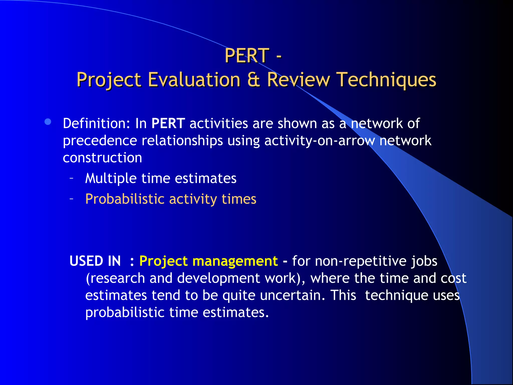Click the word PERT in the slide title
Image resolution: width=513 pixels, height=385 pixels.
pyautogui.click(x=247, y=55)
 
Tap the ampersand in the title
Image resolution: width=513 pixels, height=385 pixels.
pyautogui.click(x=253, y=79)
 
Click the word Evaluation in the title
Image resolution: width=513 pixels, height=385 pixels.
pyautogui.click(x=194, y=79)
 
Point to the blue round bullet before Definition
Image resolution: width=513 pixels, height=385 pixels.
pyautogui.click(x=48, y=122)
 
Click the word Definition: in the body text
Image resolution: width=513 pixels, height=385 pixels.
pyautogui.click(x=96, y=123)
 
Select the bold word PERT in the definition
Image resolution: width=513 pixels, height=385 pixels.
pyautogui.click(x=168, y=123)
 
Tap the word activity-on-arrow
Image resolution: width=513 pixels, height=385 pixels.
pyautogui.click(x=320, y=140)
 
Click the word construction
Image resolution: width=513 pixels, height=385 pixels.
pyautogui.click(x=102, y=158)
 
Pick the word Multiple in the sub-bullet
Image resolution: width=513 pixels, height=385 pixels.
pyautogui.click(x=111, y=178)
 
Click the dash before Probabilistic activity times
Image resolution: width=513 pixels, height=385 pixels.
pyautogui.click(x=72, y=199)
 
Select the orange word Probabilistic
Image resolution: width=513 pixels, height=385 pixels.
pyautogui.click(x=125, y=199)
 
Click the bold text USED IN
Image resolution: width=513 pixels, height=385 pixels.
pyautogui.click(x=95, y=261)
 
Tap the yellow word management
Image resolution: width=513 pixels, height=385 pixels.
pyautogui.click(x=235, y=261)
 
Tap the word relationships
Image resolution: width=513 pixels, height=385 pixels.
pyautogui.click(x=182, y=141)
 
